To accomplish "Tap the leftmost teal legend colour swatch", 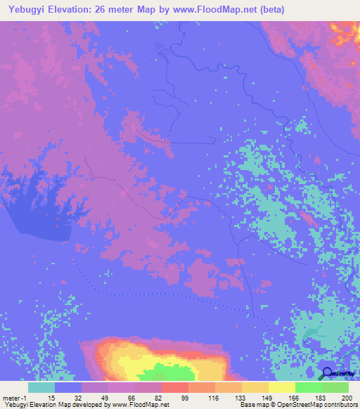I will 41,387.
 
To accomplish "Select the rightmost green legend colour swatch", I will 335,387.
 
